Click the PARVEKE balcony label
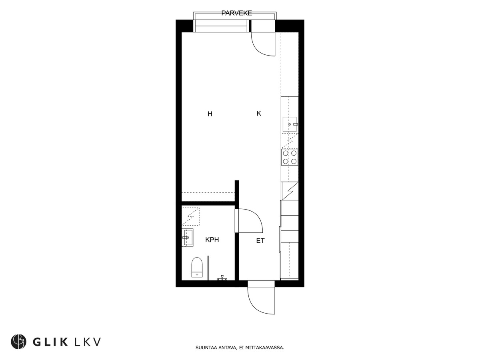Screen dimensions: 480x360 (237, 13)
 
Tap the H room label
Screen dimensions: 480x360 (210, 114)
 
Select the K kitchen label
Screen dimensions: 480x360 (259, 114)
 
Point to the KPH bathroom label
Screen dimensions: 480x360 (212, 240)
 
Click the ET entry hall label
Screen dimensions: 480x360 (260, 241)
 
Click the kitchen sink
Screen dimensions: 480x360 (290, 124)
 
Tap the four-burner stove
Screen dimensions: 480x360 (290, 157)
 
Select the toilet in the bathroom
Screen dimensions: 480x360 (197, 267)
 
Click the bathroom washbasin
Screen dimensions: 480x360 (188, 237)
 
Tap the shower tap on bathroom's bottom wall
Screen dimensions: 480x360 (222, 278)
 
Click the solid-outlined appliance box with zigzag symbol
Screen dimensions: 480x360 (290, 191)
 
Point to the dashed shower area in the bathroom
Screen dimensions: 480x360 (190, 216)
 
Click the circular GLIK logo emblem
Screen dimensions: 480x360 (18, 342)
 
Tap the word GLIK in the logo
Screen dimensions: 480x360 (50, 342)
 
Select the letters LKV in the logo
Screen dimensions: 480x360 (88, 342)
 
